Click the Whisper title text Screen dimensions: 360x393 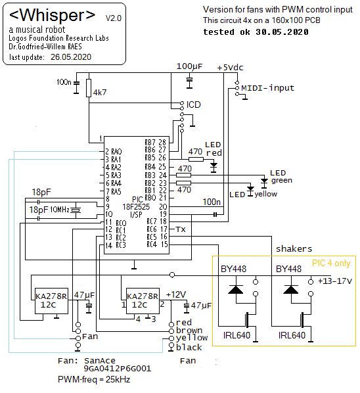tap(52, 15)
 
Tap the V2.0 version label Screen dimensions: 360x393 tap(114, 18)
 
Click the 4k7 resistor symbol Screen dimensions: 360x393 tap(89, 88)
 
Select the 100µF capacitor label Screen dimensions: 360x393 tap(189, 66)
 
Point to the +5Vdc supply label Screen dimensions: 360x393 tap(230, 68)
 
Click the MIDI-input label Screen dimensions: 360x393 tap(267, 88)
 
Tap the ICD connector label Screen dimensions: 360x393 tap(193, 104)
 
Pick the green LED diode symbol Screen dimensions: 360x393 tap(264, 182)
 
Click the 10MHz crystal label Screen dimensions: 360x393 tap(60, 209)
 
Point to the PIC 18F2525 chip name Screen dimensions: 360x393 tap(136, 207)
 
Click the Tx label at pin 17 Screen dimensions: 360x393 tap(181, 229)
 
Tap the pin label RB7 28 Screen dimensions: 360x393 tap(155, 143)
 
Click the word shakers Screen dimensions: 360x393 tap(294, 249)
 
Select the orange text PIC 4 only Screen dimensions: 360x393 tap(331, 263)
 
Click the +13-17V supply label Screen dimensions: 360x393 tap(335, 281)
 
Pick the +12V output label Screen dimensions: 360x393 tap(176, 294)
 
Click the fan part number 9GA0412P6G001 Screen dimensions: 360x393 tap(117, 369)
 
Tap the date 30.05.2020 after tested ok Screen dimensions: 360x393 tap(282, 32)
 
